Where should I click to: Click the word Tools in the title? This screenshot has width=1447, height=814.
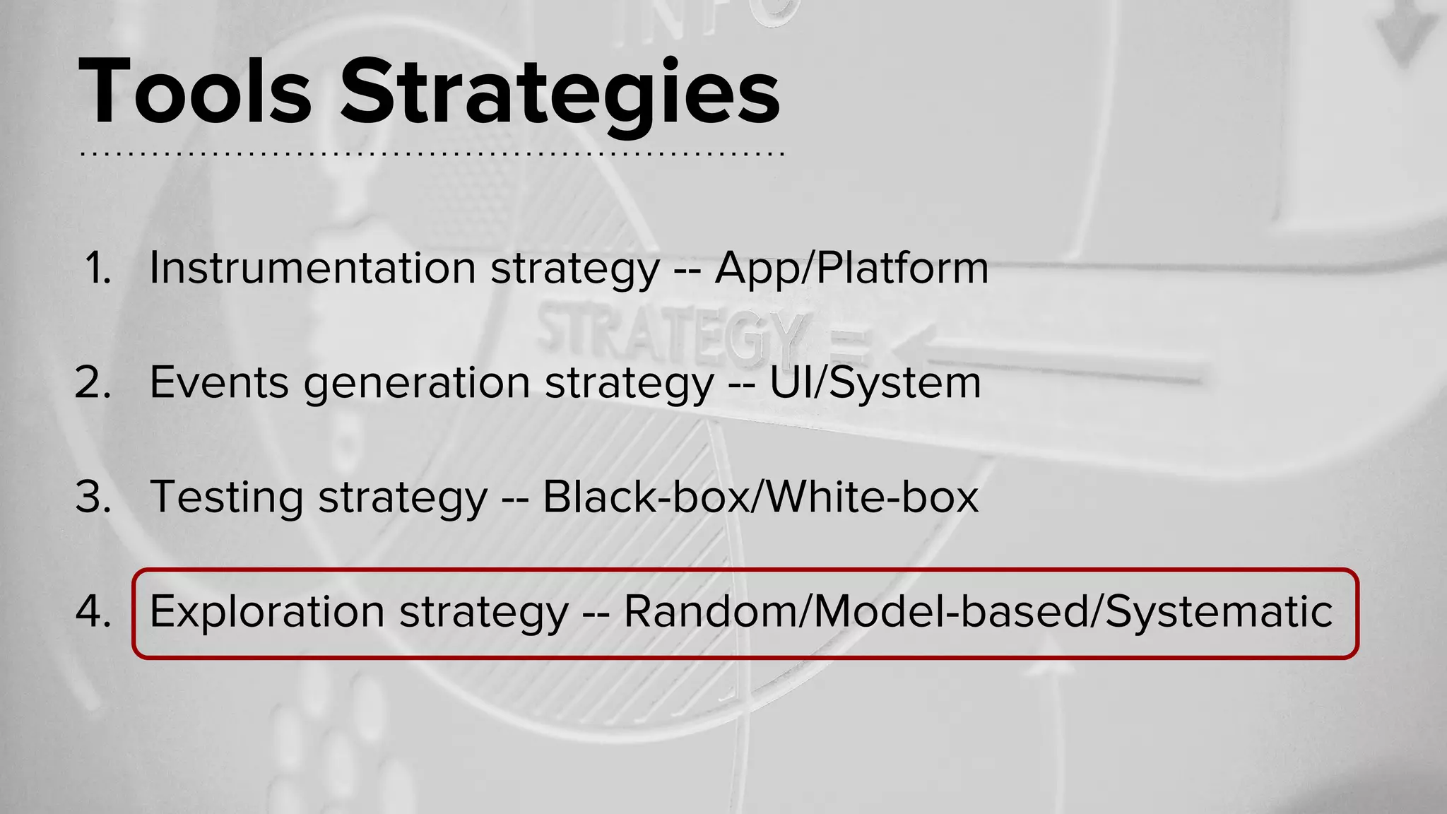pyautogui.click(x=195, y=92)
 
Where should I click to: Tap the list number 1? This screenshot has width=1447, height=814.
pyautogui.click(x=99, y=269)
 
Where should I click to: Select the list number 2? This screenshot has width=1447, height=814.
pyautogui.click(x=93, y=383)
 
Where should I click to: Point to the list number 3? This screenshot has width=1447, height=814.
pyautogui.click(x=93, y=497)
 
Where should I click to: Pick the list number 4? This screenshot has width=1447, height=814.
pyautogui.click(x=93, y=612)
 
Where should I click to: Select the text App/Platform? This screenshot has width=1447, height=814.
pyautogui.click(x=851, y=269)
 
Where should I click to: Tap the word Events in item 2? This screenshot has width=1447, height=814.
pyautogui.click(x=219, y=383)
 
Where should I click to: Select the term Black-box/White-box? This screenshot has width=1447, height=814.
pyautogui.click(x=760, y=497)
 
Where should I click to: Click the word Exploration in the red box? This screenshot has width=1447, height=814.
pyautogui.click(x=267, y=612)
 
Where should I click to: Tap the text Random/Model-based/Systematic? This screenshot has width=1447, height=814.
pyautogui.click(x=978, y=612)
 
